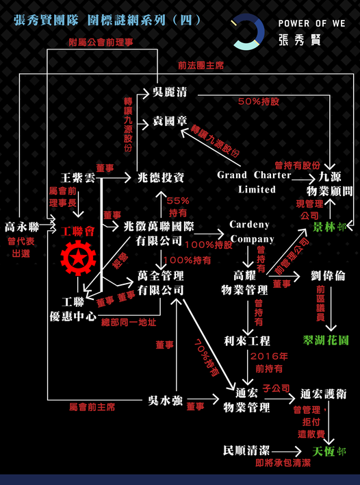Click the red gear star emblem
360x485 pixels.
click(78, 258)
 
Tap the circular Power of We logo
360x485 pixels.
click(248, 32)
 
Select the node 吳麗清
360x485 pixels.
click(170, 92)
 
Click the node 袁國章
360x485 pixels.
click(170, 121)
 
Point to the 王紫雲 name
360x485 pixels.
click(78, 178)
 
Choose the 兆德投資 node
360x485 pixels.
click(161, 177)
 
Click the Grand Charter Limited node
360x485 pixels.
click(254, 182)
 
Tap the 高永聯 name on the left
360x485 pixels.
click(22, 227)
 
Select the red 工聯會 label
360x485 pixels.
click(77, 231)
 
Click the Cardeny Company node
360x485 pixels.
click(252, 232)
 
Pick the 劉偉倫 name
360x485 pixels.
click(328, 276)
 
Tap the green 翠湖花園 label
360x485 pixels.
click(325, 340)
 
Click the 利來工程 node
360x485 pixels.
click(247, 341)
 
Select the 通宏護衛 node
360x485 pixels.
click(324, 394)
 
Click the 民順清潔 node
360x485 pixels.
click(246, 450)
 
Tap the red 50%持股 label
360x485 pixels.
click(259, 101)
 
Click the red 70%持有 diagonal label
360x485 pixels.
click(206, 358)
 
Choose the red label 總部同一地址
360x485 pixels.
click(129, 323)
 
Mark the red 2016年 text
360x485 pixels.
click(269, 356)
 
